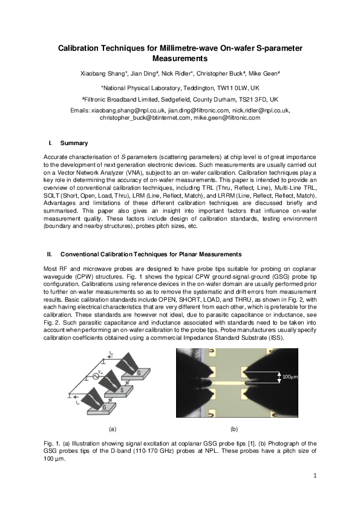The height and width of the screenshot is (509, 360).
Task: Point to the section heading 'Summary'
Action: [74, 143]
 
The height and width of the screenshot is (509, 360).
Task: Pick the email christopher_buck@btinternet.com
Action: [145, 118]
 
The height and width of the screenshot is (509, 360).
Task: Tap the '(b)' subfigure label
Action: [234, 428]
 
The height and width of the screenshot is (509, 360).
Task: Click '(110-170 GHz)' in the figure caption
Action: [152, 451]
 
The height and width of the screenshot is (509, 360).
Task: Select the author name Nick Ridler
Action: [174, 74]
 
